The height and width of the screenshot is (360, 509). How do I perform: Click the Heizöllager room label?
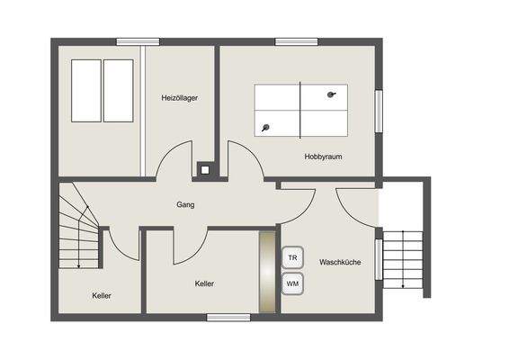click(x=180, y=97)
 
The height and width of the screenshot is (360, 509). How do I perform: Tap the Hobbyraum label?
click(x=324, y=156)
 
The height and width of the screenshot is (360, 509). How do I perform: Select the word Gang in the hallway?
click(x=186, y=204)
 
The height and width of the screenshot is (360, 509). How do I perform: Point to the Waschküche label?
click(x=340, y=262)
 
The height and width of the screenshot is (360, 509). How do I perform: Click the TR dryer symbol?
click(x=292, y=257)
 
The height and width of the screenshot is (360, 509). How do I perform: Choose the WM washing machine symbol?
click(x=292, y=283)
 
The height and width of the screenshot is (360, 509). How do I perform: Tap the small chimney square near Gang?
click(x=207, y=168)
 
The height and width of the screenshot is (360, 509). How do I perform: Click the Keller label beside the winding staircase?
click(x=102, y=295)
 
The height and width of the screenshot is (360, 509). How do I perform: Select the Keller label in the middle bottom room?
click(x=204, y=283)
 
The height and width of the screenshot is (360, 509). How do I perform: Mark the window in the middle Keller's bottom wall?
click(x=228, y=317)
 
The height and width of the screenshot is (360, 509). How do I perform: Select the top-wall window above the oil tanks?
click(x=138, y=41)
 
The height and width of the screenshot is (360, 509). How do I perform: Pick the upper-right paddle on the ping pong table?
click(x=333, y=94)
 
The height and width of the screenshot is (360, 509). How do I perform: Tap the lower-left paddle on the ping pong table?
click(x=266, y=128)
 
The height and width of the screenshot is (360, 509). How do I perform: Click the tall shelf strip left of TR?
click(x=267, y=271)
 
